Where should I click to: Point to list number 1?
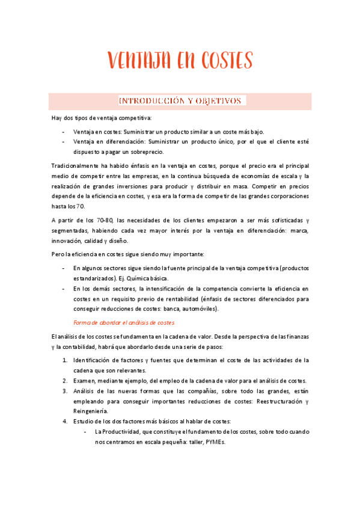pyautogui.click(x=65, y=360)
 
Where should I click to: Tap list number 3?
pyautogui.click(x=65, y=391)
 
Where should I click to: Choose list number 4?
pyautogui.click(x=65, y=421)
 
